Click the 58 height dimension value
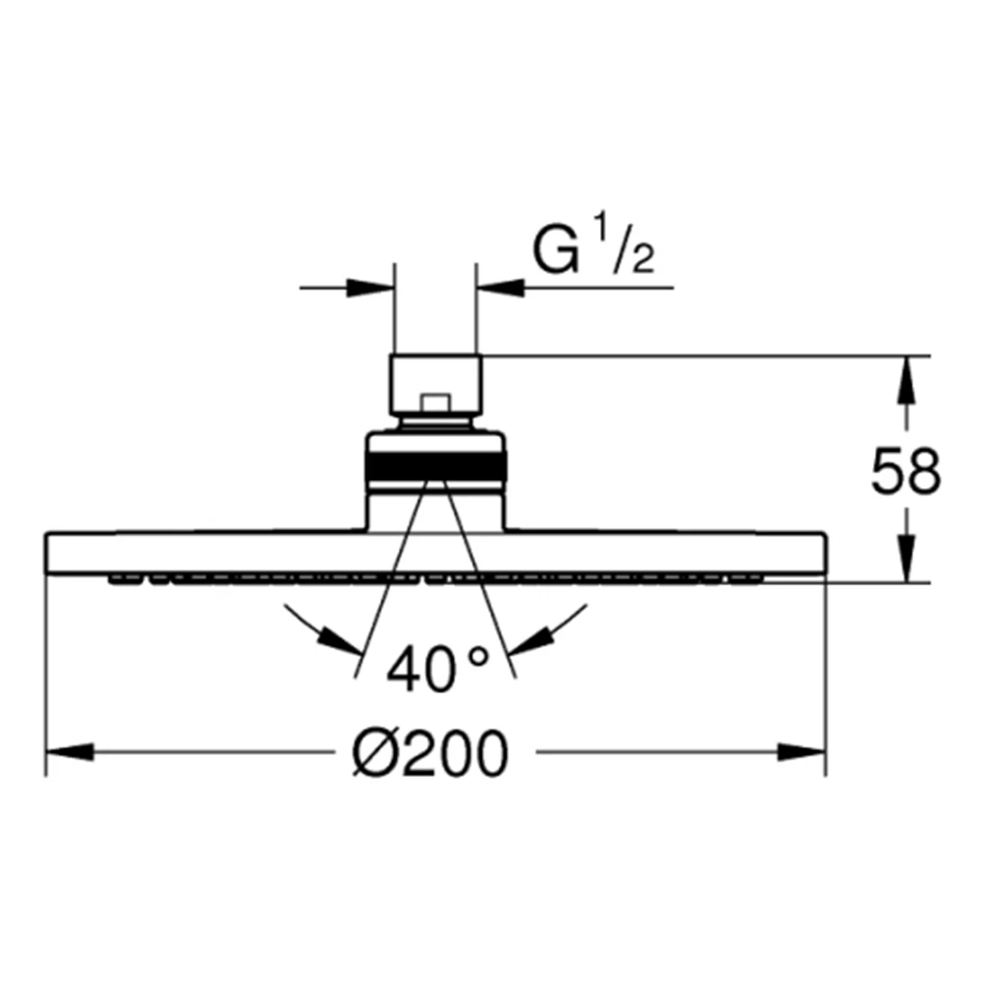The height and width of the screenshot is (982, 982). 905,469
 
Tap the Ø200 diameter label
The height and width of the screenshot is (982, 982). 430,752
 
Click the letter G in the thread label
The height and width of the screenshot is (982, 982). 555,251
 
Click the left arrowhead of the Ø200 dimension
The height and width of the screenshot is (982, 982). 70,751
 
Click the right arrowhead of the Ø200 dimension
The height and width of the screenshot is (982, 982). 802,751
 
